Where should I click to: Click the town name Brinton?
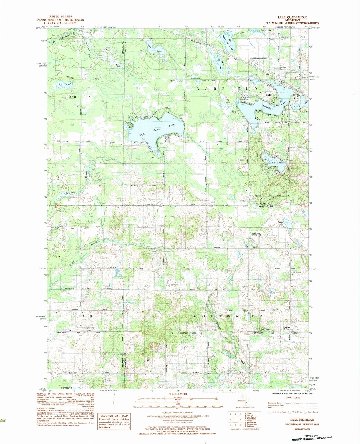pos(286,328)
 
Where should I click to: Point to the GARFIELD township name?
pos(226,89)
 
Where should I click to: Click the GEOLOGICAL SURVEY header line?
pos(62,24)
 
